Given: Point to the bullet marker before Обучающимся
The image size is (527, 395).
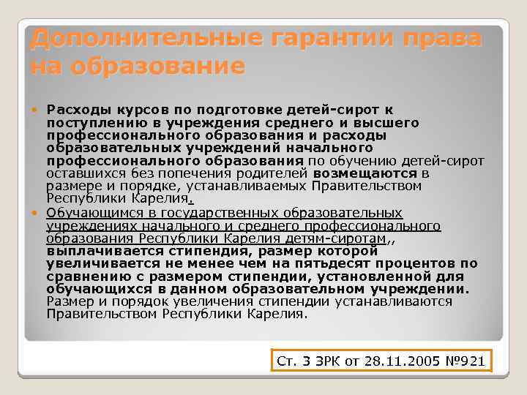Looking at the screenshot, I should [38, 213].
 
